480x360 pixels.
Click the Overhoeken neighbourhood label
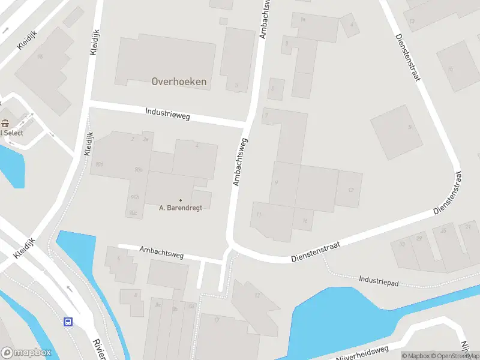(179, 82)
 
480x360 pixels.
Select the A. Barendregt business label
(180, 208)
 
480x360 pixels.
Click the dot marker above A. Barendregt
(180, 200)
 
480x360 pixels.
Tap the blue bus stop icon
(68, 322)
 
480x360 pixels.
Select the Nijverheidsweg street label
(362, 353)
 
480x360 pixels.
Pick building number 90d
(99, 164)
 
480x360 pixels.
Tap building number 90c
(132, 212)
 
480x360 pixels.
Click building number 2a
(145, 139)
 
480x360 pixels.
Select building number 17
(217, 320)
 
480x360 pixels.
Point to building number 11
(259, 214)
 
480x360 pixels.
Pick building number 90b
(134, 197)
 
